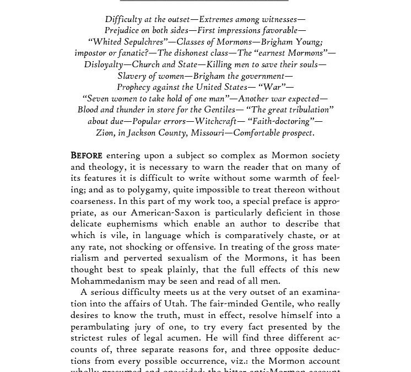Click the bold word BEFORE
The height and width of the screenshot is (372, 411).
pyautogui.click(x=86, y=156)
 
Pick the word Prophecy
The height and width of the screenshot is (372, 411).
pyautogui.click(x=136, y=87)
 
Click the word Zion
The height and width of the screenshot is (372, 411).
pyautogui.click(x=105, y=133)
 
